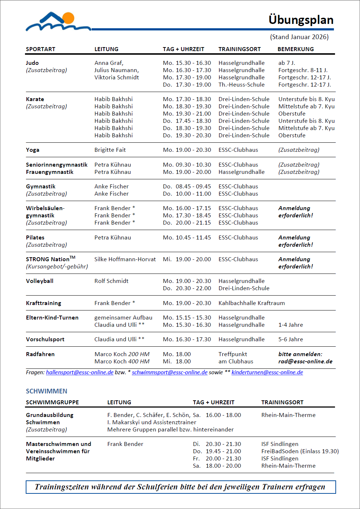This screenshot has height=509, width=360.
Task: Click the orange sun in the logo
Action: [x=68, y=18]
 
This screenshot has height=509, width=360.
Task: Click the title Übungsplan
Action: [x=301, y=20]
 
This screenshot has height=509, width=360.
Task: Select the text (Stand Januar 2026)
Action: [x=299, y=37]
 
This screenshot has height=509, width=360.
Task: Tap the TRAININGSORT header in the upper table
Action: [x=239, y=49]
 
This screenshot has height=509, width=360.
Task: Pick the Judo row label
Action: [x=32, y=63]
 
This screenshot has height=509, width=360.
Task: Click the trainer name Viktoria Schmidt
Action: [x=117, y=78]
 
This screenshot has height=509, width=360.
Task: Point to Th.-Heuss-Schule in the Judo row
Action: [x=241, y=85]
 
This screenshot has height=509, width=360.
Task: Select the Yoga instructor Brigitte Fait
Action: [x=110, y=150]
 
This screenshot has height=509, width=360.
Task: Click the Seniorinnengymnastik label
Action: [x=56, y=165]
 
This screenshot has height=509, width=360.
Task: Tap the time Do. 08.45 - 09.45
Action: [x=187, y=187]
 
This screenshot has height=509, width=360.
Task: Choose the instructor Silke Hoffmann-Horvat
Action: [x=125, y=259]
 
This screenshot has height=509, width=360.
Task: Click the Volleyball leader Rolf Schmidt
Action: [x=111, y=281]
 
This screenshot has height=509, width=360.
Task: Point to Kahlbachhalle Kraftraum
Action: [x=251, y=303]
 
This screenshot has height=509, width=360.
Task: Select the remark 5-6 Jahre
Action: [x=290, y=339]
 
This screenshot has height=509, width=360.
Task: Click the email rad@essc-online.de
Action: [x=305, y=362]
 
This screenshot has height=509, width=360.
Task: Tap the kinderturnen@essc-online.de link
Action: [x=267, y=372]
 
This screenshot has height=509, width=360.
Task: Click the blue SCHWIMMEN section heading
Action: [x=46, y=391]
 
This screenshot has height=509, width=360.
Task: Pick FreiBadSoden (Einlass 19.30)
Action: [x=300, y=451]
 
